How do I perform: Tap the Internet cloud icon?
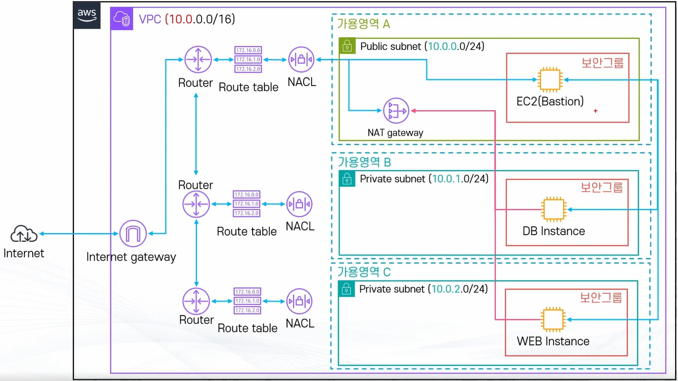point(24,234)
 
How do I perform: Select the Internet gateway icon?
point(133,234)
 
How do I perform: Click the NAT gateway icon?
point(396,111)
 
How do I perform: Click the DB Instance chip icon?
point(554,210)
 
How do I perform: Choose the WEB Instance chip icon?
point(554,320)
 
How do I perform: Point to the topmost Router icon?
point(196,59)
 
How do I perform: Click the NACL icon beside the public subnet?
point(302,59)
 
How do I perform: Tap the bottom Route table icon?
point(247,301)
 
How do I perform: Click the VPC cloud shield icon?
point(122,19)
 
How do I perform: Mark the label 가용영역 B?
point(364,162)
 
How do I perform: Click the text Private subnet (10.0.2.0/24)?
point(423,289)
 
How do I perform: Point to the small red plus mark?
point(595,111)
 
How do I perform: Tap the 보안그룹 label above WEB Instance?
point(601,297)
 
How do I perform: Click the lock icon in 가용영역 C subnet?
point(346,289)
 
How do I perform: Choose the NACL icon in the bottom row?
point(300,301)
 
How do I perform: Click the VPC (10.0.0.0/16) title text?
point(187,19)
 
